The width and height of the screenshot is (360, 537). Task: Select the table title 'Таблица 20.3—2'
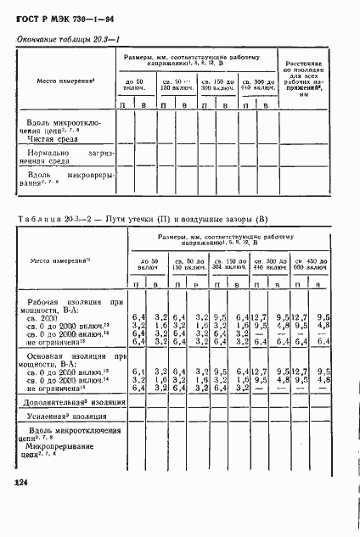(x=51, y=221)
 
